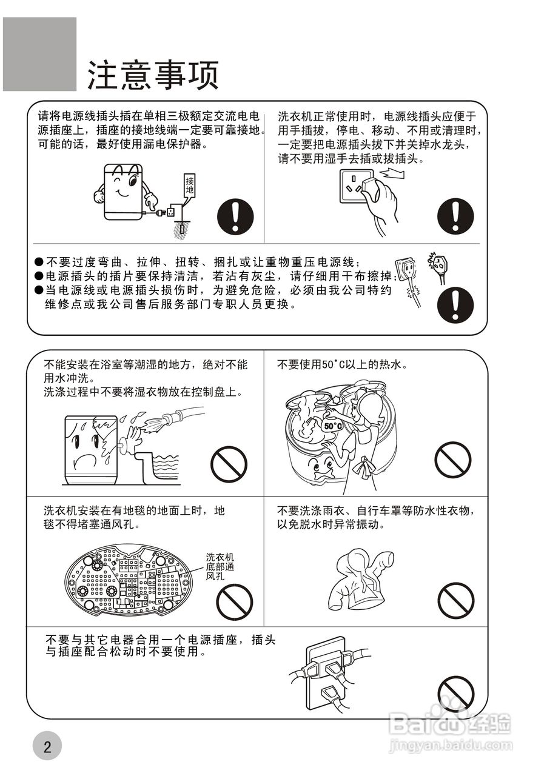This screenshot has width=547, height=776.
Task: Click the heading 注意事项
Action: [x=152, y=75]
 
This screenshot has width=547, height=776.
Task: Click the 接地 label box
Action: [x=190, y=186]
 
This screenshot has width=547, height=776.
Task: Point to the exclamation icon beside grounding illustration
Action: [x=236, y=216]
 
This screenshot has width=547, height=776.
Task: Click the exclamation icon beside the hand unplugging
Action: [x=455, y=216]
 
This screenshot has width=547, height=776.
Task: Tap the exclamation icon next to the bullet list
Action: [x=455, y=304]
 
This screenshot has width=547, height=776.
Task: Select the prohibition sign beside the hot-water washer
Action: [x=452, y=460]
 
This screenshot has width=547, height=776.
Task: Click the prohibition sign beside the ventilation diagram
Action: [x=235, y=601]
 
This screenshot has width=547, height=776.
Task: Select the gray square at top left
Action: [x=40, y=54]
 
